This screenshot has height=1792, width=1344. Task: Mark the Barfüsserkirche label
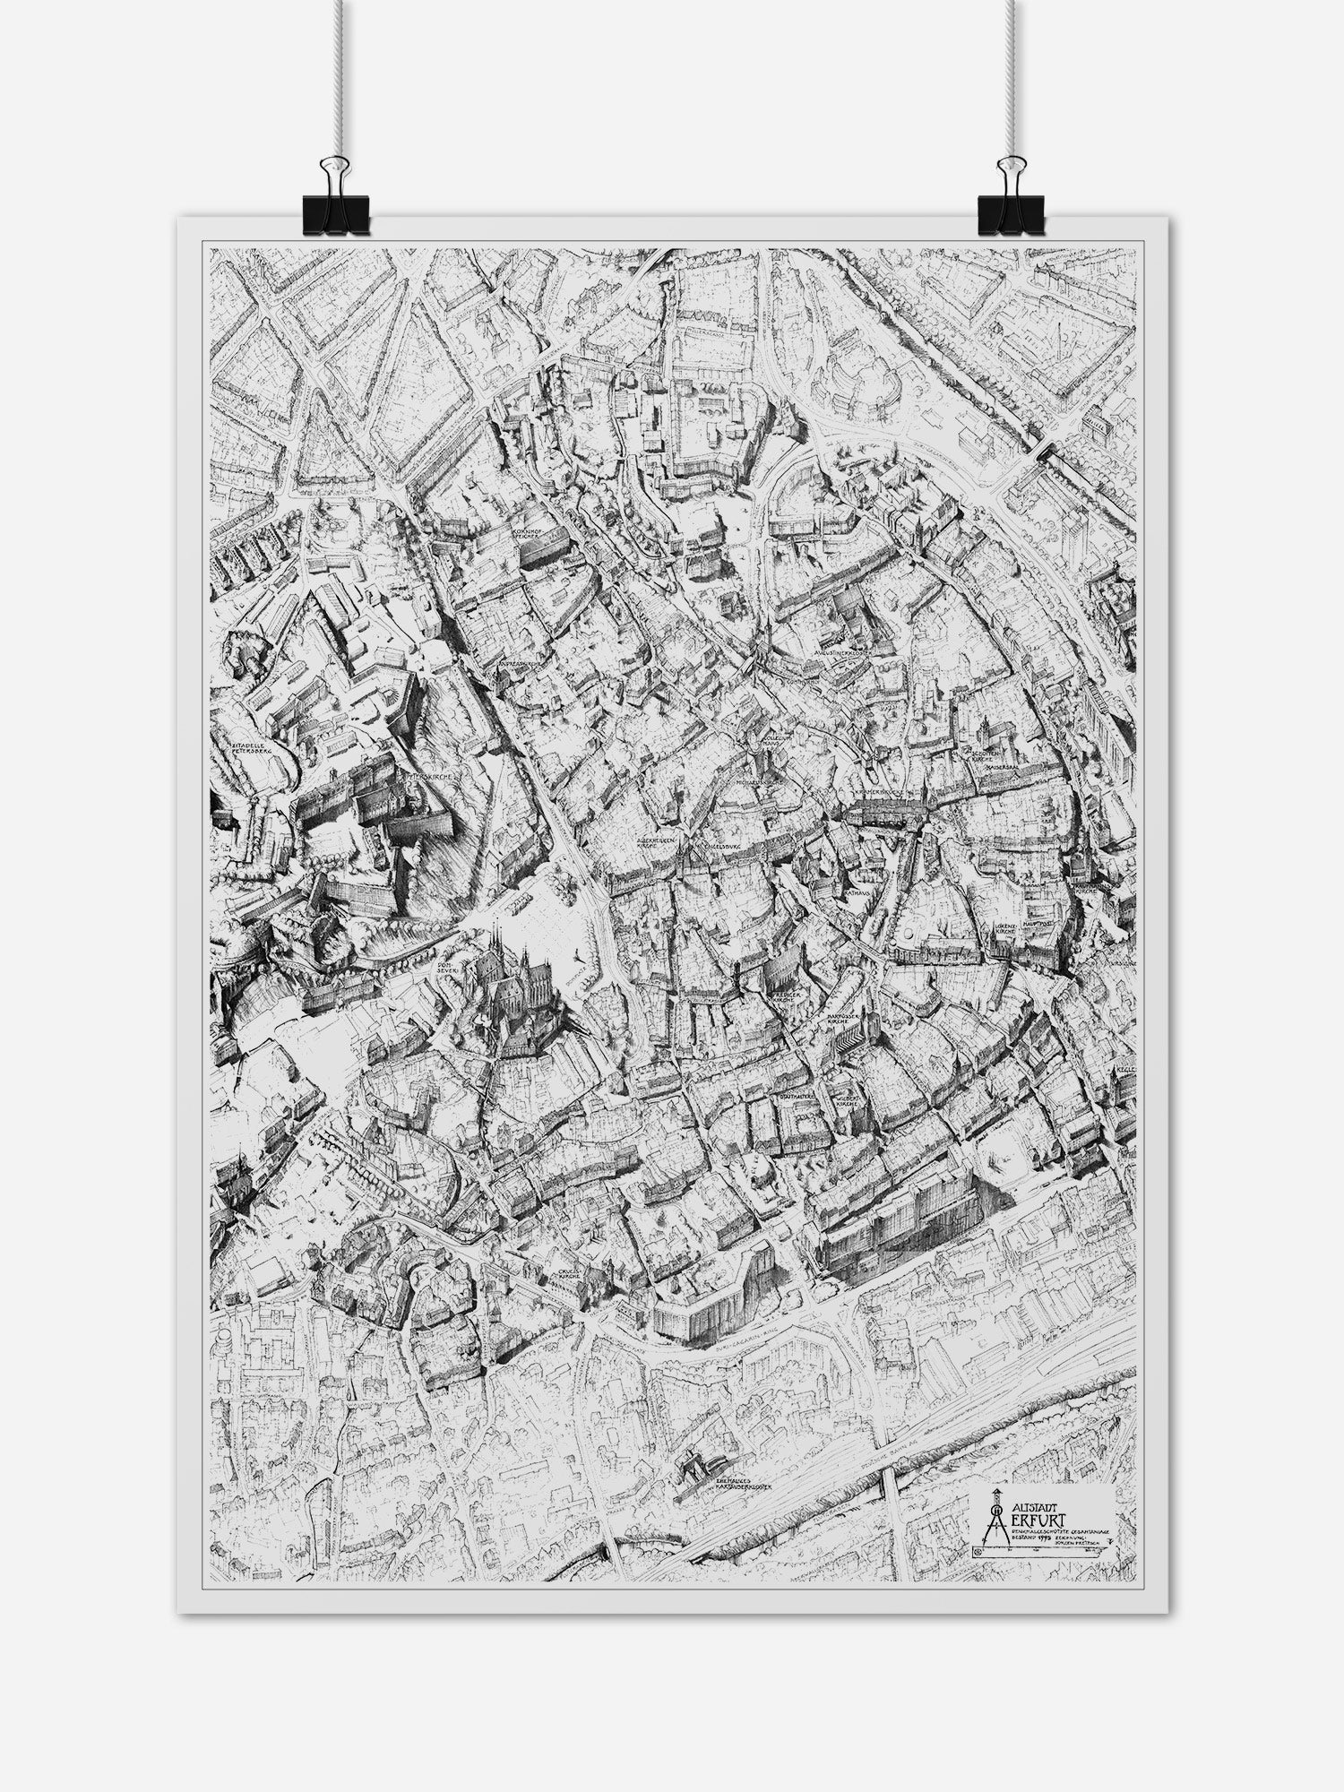pyautogui.click(x=840, y=1019)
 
